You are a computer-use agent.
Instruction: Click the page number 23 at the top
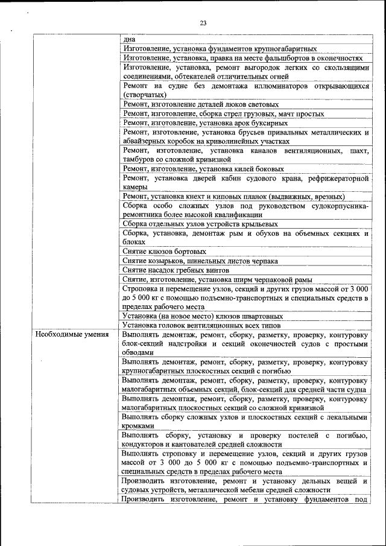coord(203,24)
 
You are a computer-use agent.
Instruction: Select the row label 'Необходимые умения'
coord(72,335)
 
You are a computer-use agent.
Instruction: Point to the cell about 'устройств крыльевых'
coord(200,224)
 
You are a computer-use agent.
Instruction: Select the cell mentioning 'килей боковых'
coord(203,169)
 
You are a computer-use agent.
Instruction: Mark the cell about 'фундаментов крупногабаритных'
coord(220,49)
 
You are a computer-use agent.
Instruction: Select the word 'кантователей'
coord(186,445)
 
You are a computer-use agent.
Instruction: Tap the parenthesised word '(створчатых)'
coord(145,95)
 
